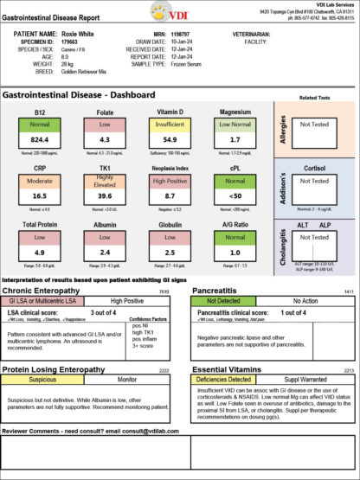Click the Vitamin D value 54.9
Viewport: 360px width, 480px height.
[x=170, y=138]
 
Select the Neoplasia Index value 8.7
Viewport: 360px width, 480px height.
[x=170, y=196]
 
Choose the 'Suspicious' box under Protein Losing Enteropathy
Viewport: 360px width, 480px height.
[x=44, y=379]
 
